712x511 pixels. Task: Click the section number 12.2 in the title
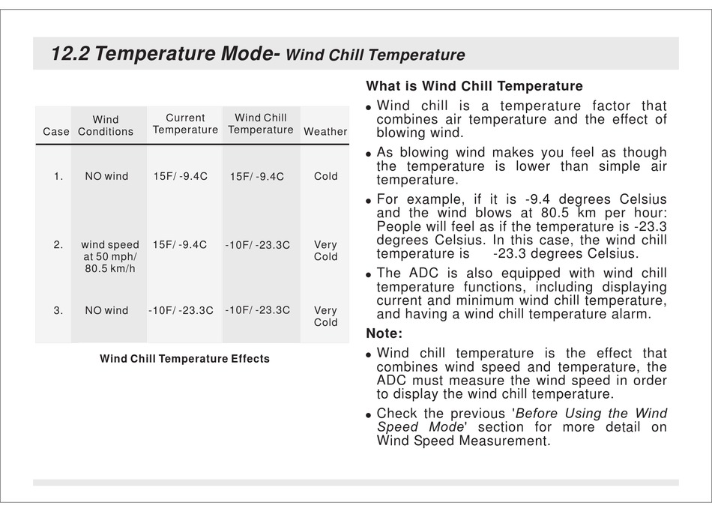click(70, 53)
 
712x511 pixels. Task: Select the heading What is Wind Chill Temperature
click(474, 85)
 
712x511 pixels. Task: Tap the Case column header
click(56, 132)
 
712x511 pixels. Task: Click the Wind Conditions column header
click(106, 125)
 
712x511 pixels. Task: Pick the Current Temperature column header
click(185, 124)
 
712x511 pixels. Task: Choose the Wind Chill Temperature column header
click(261, 124)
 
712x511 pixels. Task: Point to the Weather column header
click(325, 132)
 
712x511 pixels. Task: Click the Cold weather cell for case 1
click(325, 176)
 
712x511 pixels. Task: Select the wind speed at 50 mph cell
click(110, 256)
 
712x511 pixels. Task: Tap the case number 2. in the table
click(58, 245)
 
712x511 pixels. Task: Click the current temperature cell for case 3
click(181, 310)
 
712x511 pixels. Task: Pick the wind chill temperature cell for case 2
click(258, 245)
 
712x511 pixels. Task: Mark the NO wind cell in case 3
click(106, 310)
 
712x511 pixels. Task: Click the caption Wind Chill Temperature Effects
click(185, 358)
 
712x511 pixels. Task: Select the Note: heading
click(384, 333)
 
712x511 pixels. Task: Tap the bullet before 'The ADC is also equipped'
click(369, 275)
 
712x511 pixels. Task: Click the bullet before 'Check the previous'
click(369, 415)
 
